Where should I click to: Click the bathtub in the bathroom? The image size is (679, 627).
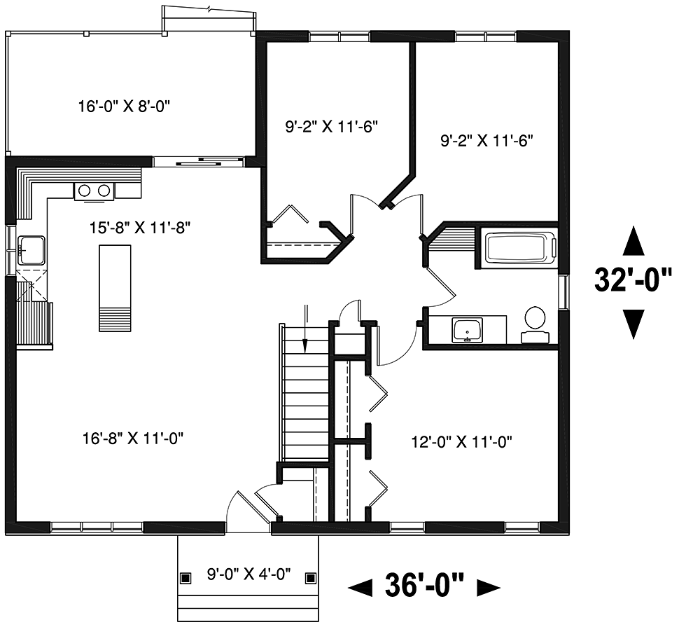(x=519, y=247)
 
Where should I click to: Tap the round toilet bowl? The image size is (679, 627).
(x=535, y=317)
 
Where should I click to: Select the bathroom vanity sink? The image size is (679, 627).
(x=467, y=330)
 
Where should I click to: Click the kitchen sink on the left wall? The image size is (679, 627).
(x=31, y=250)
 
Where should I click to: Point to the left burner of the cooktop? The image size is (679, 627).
(x=85, y=191)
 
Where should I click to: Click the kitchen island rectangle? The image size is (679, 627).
(x=115, y=288)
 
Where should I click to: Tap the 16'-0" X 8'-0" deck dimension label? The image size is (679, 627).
(x=124, y=106)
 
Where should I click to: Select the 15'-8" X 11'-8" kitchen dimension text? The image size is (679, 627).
(x=140, y=227)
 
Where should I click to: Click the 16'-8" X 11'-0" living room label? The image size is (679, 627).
(x=133, y=439)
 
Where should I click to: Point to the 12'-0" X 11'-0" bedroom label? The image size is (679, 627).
(x=461, y=442)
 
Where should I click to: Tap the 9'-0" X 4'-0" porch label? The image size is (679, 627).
(x=248, y=574)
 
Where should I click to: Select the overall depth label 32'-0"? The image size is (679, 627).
(x=633, y=280)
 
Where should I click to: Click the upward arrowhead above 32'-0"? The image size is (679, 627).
(x=633, y=240)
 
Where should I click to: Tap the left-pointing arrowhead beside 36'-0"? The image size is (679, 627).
(x=360, y=588)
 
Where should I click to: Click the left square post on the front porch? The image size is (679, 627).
(x=185, y=578)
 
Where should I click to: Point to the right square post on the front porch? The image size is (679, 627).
(x=311, y=578)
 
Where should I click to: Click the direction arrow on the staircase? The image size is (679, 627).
(x=306, y=329)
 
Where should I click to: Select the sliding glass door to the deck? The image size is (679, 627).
(x=199, y=162)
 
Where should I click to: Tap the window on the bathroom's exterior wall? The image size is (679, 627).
(x=563, y=293)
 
